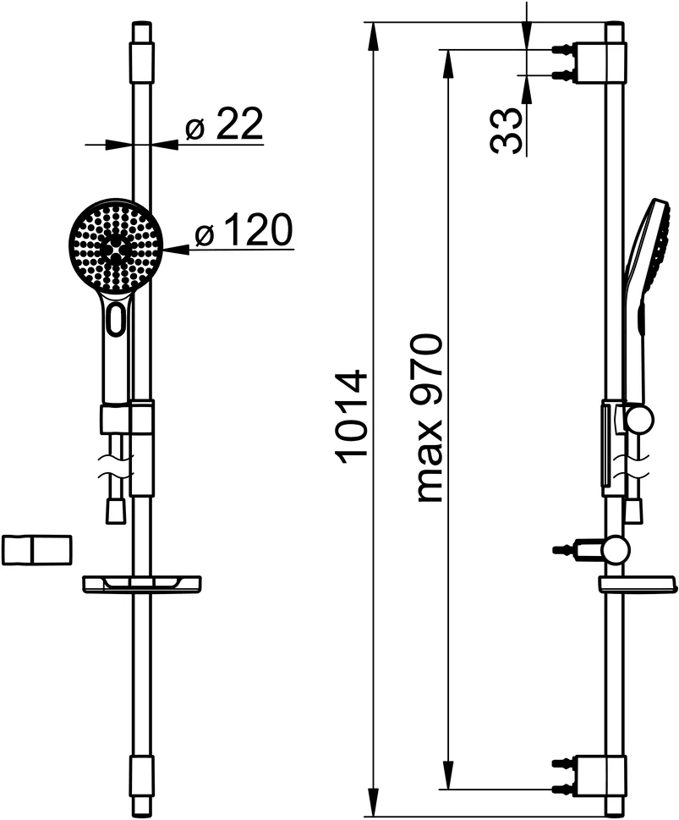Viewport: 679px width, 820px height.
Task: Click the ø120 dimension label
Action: pyautogui.click(x=243, y=231)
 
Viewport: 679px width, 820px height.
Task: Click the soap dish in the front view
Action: pyautogui.click(x=142, y=583)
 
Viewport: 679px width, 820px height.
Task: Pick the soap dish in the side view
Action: pyautogui.click(x=638, y=584)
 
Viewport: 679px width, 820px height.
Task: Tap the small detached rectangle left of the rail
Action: pyautogui.click(x=37, y=549)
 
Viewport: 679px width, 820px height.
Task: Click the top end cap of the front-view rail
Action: pyautogui.click(x=142, y=42)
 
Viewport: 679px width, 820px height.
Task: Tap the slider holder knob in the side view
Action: pyautogui.click(x=639, y=419)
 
